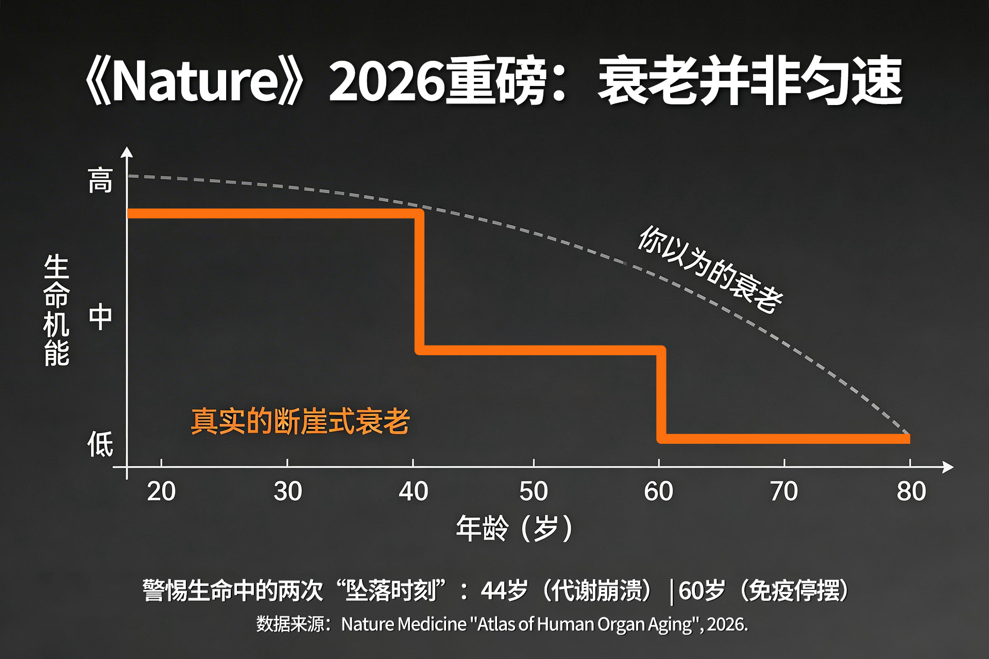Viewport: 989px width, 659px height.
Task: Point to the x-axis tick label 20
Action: [161, 491]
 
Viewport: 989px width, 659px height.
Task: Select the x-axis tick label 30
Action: [287, 491]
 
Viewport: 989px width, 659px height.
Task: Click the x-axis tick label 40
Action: [413, 491]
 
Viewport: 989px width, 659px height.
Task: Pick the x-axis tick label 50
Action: [534, 491]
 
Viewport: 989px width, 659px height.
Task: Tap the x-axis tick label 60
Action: [659, 491]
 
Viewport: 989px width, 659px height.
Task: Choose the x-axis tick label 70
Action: [784, 491]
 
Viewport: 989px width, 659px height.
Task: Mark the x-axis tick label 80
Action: [911, 491]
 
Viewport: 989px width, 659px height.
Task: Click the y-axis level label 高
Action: [100, 181]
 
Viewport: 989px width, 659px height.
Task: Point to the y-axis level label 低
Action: [100, 444]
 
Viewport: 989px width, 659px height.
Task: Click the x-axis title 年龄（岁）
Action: [514, 528]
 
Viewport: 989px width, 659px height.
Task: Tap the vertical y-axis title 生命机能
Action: [56, 310]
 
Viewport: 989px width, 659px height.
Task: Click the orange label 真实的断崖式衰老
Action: [300, 421]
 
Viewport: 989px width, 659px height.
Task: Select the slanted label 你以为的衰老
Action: [710, 269]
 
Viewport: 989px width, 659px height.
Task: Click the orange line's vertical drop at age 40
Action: [420, 282]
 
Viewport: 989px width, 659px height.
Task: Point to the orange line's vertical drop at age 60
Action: [661, 394]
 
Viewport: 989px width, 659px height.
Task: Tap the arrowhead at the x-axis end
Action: [948, 467]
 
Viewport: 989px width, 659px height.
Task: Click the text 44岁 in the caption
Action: [504, 591]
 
